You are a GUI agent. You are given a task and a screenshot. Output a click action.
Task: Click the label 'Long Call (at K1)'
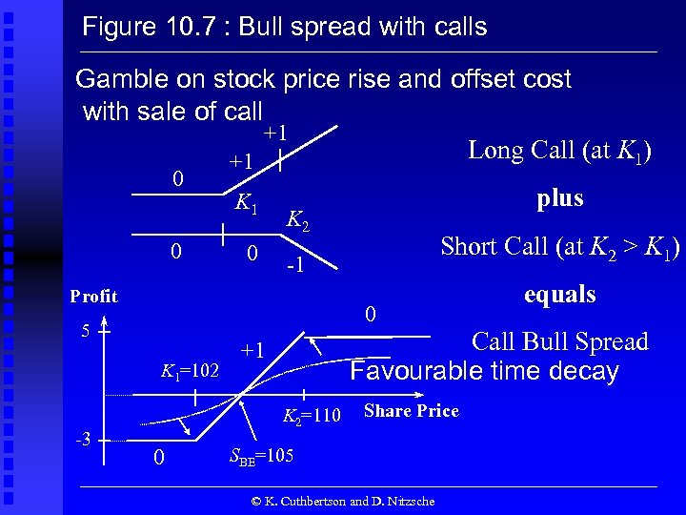pyautogui.click(x=559, y=151)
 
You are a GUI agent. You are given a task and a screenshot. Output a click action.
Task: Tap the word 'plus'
pyautogui.click(x=559, y=198)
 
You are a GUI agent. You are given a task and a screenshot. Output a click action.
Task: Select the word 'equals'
pyautogui.click(x=559, y=294)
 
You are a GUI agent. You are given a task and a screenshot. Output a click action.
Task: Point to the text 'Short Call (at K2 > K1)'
pyautogui.click(x=559, y=247)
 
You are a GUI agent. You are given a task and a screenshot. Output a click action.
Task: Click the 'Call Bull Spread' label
pyautogui.click(x=559, y=341)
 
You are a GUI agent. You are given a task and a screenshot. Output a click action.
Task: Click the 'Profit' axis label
pyautogui.click(x=93, y=297)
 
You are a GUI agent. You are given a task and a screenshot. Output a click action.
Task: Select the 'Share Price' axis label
pyautogui.click(x=411, y=411)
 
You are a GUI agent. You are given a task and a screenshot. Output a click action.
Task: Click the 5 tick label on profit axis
pyautogui.click(x=84, y=332)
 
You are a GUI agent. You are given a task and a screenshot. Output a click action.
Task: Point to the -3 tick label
pyautogui.click(x=83, y=439)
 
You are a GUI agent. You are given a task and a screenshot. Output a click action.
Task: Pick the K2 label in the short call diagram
pyautogui.click(x=298, y=221)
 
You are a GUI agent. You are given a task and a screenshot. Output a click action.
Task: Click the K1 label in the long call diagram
pyautogui.click(x=246, y=203)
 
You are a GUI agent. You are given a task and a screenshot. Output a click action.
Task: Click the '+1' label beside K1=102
pyautogui.click(x=253, y=349)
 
